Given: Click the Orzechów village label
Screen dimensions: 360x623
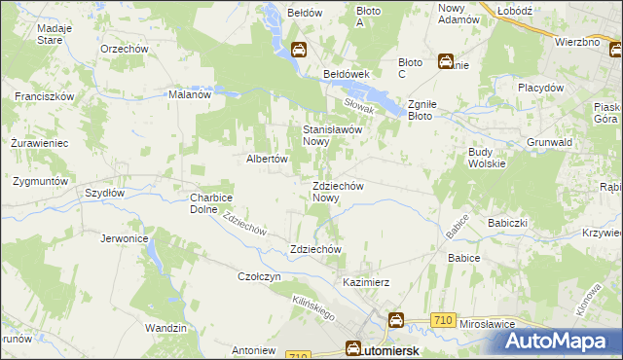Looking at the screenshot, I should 124,48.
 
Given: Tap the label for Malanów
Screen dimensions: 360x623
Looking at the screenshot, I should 190,94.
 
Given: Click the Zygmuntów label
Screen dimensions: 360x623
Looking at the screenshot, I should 39,181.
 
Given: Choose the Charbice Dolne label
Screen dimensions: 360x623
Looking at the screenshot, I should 209,203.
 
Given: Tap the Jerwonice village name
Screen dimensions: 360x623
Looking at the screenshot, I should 124,237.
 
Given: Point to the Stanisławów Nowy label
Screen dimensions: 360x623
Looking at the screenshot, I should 333,134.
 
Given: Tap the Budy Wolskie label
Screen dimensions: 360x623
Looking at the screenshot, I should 487,158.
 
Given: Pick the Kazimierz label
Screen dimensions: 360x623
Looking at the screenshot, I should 366,282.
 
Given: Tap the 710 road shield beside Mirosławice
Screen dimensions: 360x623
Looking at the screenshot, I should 443,320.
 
